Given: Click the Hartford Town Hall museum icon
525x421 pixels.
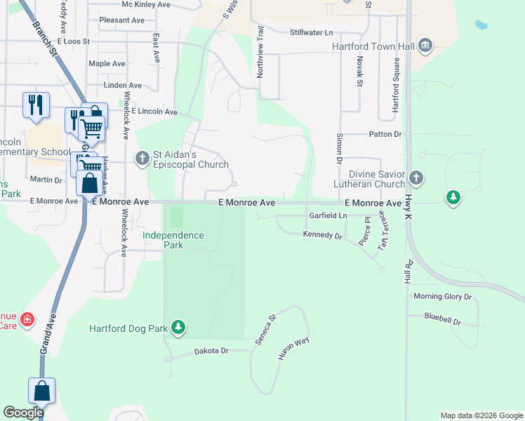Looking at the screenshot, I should coord(425,47).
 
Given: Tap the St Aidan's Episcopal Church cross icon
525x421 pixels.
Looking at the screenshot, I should coord(142,158).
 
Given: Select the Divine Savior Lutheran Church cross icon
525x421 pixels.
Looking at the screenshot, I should coord(416,178).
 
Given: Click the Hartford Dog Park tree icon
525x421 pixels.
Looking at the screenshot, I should coord(179,328).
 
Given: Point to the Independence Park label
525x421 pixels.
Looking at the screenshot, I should coord(173,240).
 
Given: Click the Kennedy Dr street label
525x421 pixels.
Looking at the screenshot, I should coord(322,235).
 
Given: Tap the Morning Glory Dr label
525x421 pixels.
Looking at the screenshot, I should coord(443,297).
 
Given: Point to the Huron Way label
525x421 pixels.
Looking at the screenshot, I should coord(293,348).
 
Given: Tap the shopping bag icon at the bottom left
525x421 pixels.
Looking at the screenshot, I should coord(42,392).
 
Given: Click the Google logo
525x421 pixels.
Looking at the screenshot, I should coord(23,413).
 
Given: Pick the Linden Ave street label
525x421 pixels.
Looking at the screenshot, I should coord(122,86).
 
